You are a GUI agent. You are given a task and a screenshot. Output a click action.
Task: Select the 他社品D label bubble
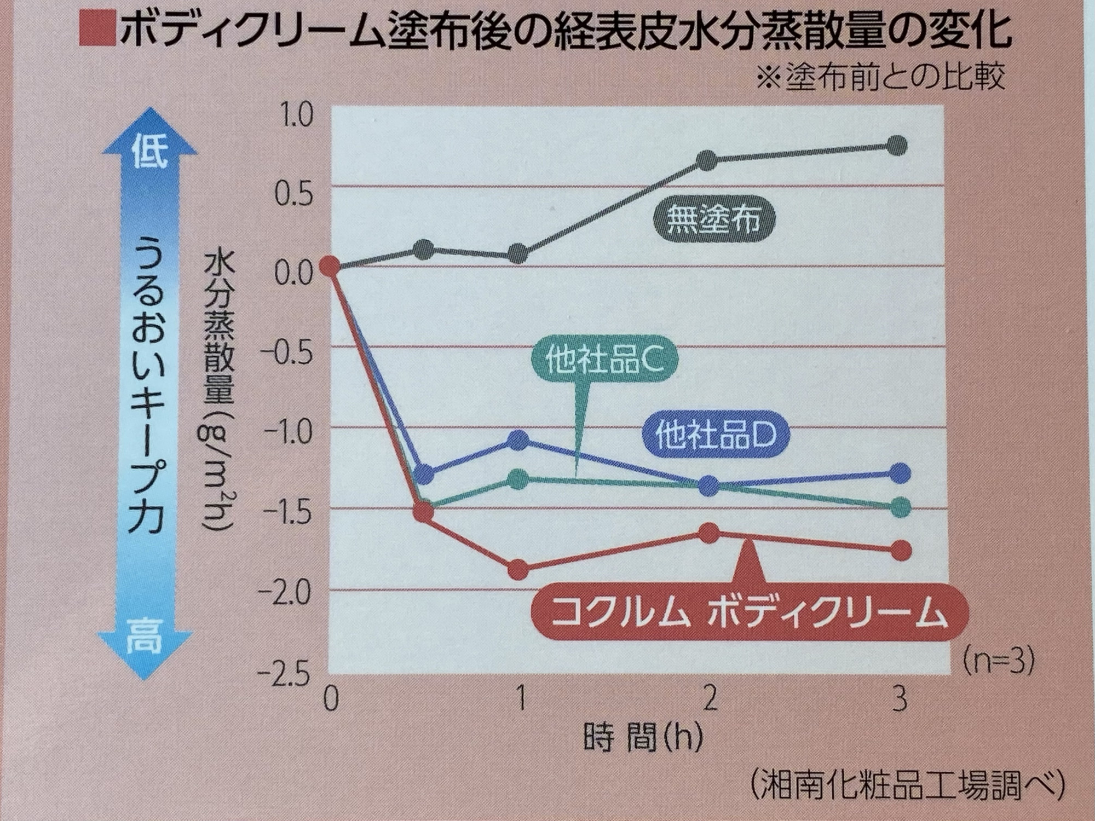point(716,437)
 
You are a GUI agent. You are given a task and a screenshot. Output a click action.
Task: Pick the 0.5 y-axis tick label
point(293,195)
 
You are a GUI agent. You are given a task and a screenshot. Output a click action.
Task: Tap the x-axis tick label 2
point(710,699)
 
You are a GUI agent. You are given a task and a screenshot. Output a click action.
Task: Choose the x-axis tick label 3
point(899,699)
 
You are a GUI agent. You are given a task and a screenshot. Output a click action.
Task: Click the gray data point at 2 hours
point(707,160)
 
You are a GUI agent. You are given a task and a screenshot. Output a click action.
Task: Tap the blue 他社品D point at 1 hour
point(518,440)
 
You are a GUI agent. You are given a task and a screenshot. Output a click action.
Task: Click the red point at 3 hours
point(900,550)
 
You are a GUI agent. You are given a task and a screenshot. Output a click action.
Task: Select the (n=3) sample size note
point(999,661)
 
